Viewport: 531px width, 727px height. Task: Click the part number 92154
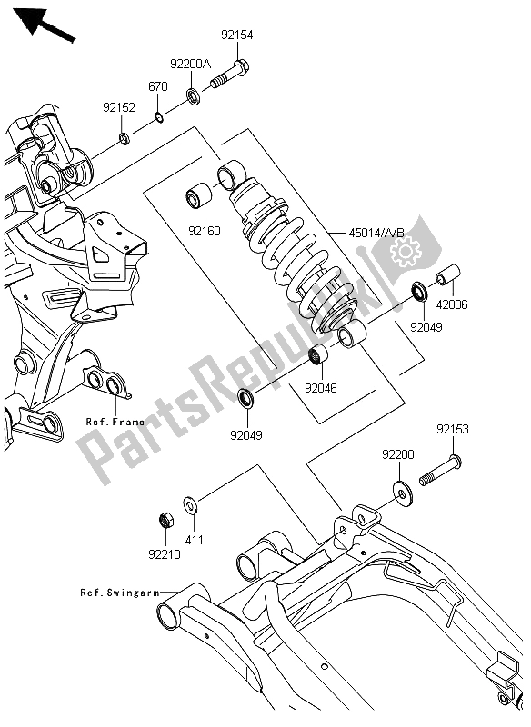click(x=236, y=35)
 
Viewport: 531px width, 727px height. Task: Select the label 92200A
click(x=191, y=64)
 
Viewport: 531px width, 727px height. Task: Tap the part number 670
click(x=158, y=87)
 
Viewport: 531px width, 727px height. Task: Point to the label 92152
click(x=119, y=107)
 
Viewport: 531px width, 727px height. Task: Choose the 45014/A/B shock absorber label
click(x=378, y=233)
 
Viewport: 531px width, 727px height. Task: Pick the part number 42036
click(x=451, y=305)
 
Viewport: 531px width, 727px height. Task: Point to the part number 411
click(x=195, y=540)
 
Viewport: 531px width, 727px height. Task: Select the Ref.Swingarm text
click(x=116, y=593)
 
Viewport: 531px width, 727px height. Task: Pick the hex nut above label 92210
click(x=166, y=521)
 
